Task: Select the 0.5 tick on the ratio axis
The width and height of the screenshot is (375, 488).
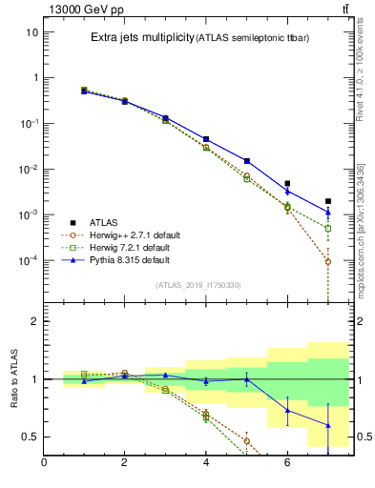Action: [31, 437]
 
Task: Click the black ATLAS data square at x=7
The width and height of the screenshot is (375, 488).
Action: [327, 201]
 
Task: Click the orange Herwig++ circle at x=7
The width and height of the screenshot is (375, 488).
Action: [327, 261]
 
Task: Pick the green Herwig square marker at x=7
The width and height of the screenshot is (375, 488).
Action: [327, 229]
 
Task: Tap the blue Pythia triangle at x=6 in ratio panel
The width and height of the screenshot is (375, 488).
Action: [287, 410]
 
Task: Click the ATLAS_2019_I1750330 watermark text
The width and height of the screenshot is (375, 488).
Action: [198, 285]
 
